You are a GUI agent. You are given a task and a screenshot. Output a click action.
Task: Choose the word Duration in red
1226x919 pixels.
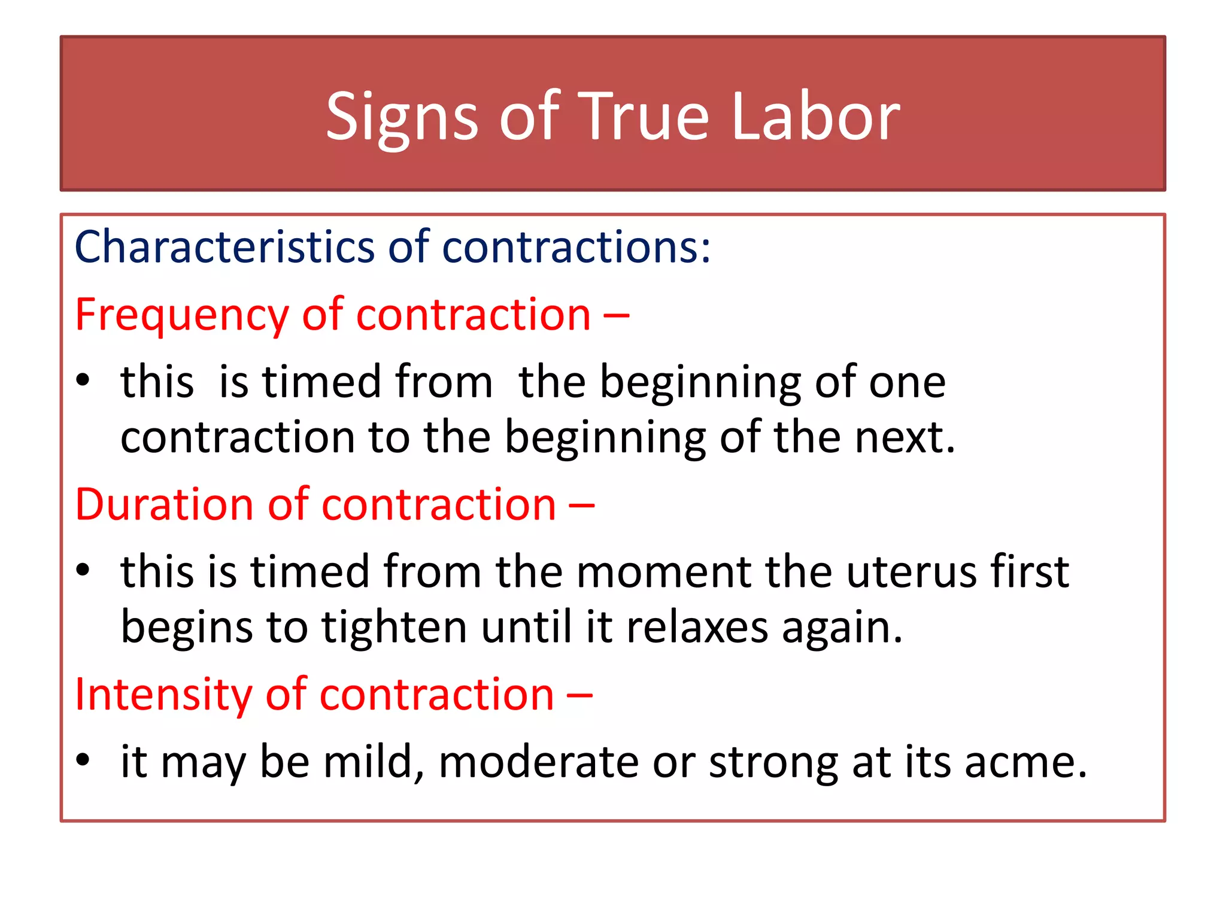165,504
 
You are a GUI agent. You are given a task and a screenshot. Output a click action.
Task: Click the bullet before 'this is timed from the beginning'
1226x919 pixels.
83,381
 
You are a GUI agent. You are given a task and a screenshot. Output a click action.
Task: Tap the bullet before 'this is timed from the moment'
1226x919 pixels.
83,571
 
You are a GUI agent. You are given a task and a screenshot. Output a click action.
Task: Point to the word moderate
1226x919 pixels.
539,762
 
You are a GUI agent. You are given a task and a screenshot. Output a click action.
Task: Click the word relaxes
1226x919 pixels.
697,628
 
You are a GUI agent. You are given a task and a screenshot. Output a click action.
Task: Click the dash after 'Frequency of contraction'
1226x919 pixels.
616,315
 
